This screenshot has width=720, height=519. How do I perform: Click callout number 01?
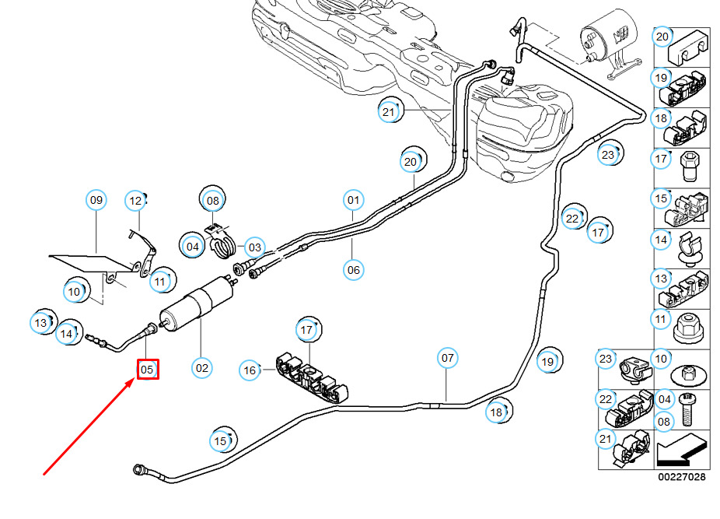tap(353, 200)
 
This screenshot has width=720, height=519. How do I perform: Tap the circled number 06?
tap(353, 270)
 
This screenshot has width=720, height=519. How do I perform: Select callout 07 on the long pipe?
tap(447, 358)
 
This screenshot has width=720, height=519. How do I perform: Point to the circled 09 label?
tap(96, 200)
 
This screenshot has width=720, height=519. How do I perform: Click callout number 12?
tap(135, 201)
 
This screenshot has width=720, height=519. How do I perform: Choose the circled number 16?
tap(250, 370)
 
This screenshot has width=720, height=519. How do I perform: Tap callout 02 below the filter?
tap(201, 368)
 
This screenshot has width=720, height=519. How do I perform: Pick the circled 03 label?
tap(254, 247)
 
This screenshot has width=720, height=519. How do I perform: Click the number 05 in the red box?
tap(147, 370)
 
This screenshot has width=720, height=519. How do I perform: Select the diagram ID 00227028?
tap(681, 477)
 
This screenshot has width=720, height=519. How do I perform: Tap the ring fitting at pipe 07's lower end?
tap(138, 469)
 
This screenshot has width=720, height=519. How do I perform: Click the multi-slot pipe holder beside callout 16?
tap(312, 377)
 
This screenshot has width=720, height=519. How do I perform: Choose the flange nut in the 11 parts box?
tap(688, 328)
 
